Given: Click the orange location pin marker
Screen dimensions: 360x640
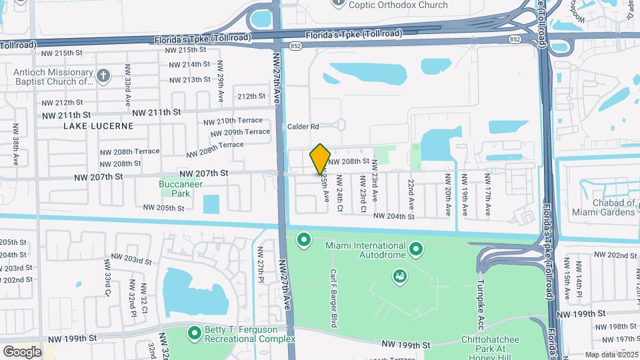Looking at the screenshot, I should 320,159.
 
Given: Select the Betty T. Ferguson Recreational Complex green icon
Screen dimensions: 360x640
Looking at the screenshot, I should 195,331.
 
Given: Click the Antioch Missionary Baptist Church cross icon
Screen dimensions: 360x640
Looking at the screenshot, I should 103,75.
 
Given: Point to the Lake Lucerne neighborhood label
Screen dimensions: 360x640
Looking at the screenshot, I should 99,125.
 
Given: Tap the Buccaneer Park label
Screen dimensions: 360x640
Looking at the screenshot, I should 174,189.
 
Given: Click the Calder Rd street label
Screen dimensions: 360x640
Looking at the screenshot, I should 303,127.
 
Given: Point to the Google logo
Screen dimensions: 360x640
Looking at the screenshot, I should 22,351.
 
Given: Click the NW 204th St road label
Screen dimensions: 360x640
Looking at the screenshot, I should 394,216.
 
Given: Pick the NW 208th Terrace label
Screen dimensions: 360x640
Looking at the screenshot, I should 138,151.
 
